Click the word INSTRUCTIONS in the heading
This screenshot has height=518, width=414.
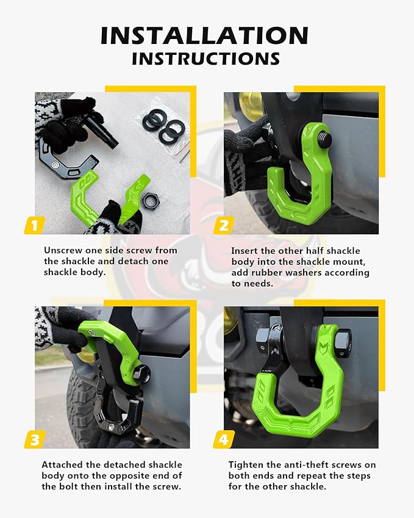coord(206,59)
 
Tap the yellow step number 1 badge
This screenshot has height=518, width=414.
coord(34,225)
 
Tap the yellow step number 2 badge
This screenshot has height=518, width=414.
coord(223,225)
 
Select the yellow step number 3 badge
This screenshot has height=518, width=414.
coord(34,439)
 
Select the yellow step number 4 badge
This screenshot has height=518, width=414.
coord(223,439)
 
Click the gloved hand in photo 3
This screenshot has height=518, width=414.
coord(58,329)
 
